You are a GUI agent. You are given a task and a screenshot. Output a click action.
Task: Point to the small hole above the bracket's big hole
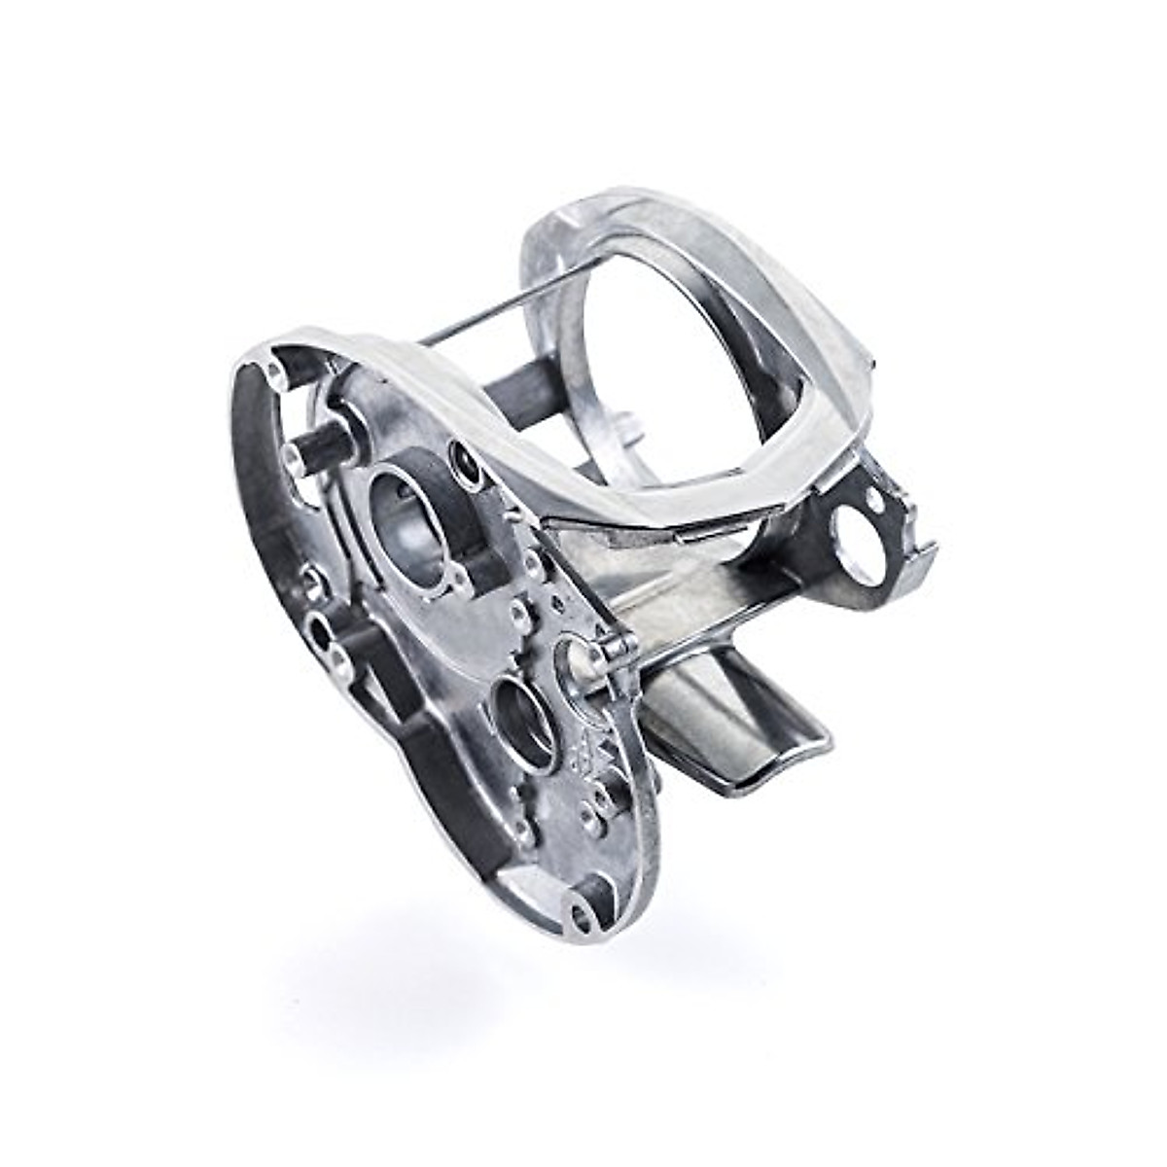click(878, 503)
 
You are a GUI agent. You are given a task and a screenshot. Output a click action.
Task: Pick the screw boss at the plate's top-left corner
click(271, 372)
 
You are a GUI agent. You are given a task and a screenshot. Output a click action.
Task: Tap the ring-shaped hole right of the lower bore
click(574, 667)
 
